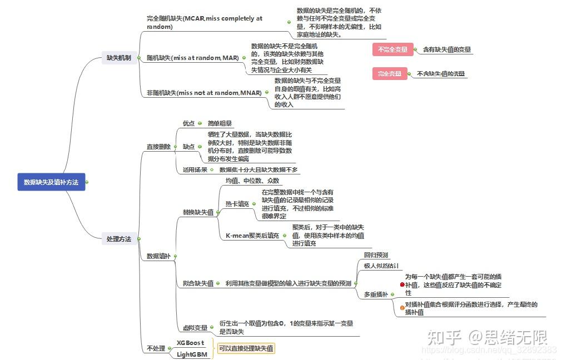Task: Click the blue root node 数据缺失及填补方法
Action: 51,182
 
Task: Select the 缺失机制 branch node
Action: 119,58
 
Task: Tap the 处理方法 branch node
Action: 119,239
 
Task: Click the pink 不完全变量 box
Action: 393,50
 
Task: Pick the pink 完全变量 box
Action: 389,73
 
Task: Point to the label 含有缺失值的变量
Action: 447,50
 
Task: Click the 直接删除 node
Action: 158,147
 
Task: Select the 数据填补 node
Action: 158,256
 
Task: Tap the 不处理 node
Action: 156,348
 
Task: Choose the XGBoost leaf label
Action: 191,343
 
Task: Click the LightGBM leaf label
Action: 192,354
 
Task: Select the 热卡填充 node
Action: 237,204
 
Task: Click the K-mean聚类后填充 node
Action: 252,236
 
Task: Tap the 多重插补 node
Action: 376,294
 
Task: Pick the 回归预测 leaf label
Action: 376,255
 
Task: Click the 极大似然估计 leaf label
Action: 381,266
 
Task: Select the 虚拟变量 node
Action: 195,328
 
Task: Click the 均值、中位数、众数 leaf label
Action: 252,181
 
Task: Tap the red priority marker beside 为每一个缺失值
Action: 402,284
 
